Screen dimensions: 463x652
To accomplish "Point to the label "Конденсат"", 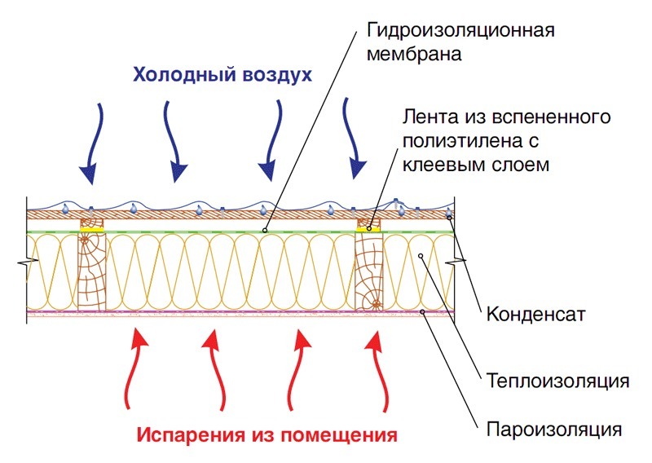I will [535, 314].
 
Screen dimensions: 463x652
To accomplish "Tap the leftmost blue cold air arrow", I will [90, 143].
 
